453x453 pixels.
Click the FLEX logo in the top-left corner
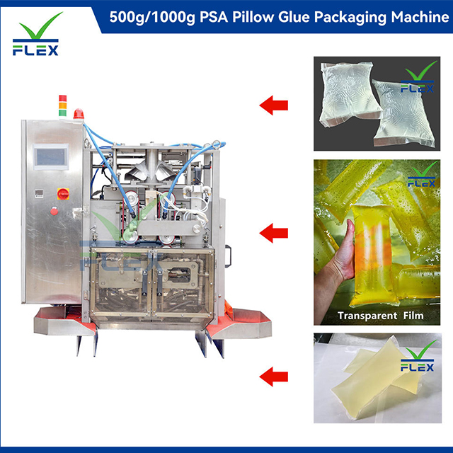(x=40, y=35)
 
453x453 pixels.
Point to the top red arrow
(x=273, y=106)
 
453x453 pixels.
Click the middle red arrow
(x=273, y=232)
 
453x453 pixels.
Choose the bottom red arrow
(x=273, y=376)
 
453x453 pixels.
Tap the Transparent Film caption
(x=381, y=316)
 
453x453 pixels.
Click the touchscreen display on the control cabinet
(x=52, y=156)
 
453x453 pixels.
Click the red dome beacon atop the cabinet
(x=78, y=113)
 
